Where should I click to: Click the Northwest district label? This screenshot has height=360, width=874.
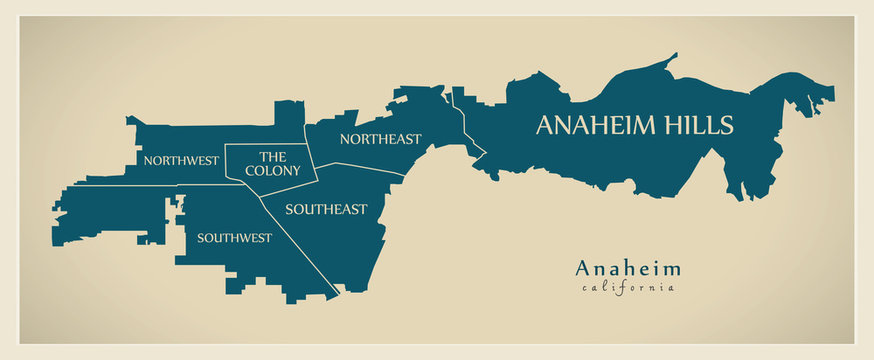pos(181,160)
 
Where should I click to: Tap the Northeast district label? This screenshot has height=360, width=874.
pos(380,139)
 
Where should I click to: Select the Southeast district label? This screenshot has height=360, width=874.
pos(326,209)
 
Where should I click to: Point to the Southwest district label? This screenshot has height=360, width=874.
pos(234,238)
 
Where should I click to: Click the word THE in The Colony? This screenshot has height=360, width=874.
pos(273,156)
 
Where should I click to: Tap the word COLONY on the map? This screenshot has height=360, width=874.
pos(273,171)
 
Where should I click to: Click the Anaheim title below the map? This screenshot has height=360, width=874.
pos(628,268)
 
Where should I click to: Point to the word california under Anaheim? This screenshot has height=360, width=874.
pos(628,288)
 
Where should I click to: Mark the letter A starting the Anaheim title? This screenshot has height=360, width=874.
pos(582,268)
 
